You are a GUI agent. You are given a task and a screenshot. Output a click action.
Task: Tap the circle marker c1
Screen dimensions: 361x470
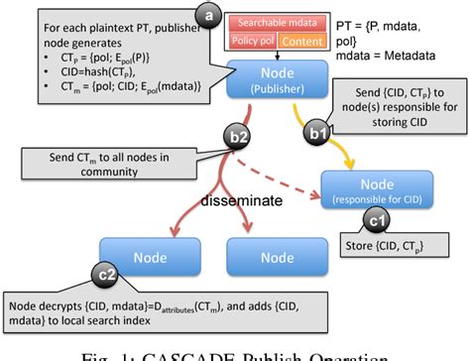(378, 222)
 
